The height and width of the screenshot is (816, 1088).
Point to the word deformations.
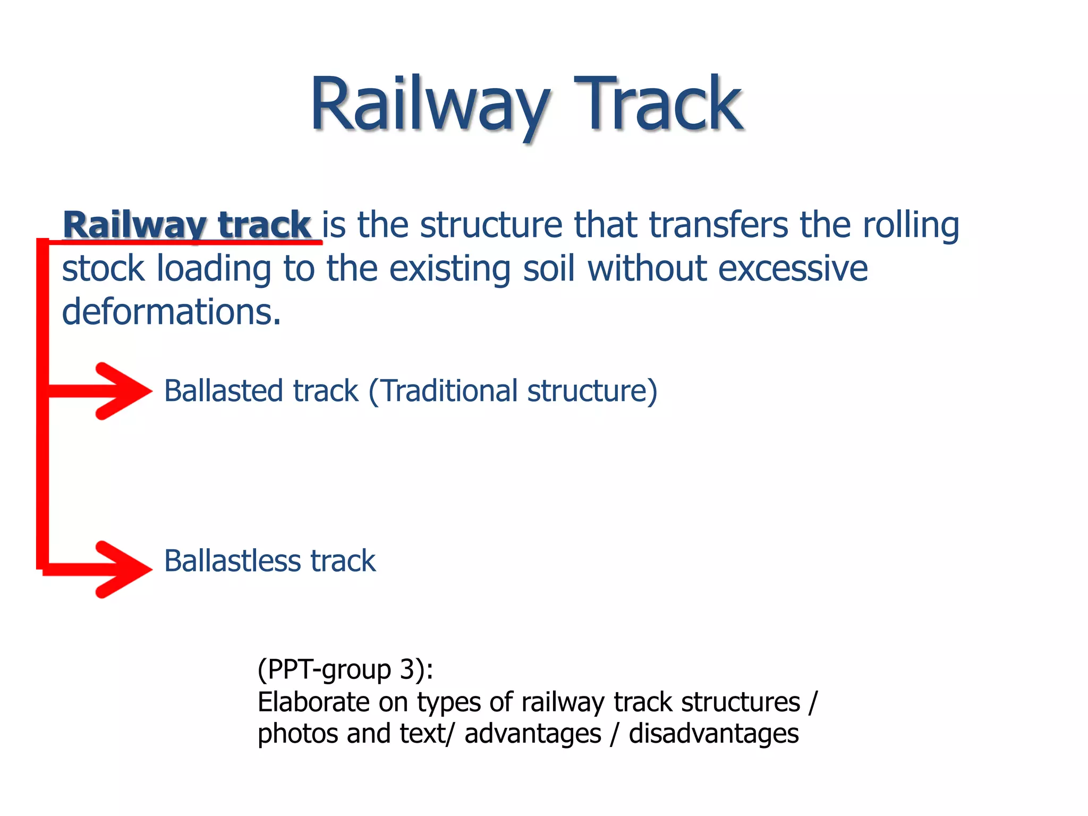[x=171, y=312]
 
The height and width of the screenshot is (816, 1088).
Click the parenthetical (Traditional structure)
[x=513, y=392]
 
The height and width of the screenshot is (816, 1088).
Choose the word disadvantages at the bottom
[x=713, y=734]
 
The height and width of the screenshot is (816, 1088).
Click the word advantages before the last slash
[x=532, y=734]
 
